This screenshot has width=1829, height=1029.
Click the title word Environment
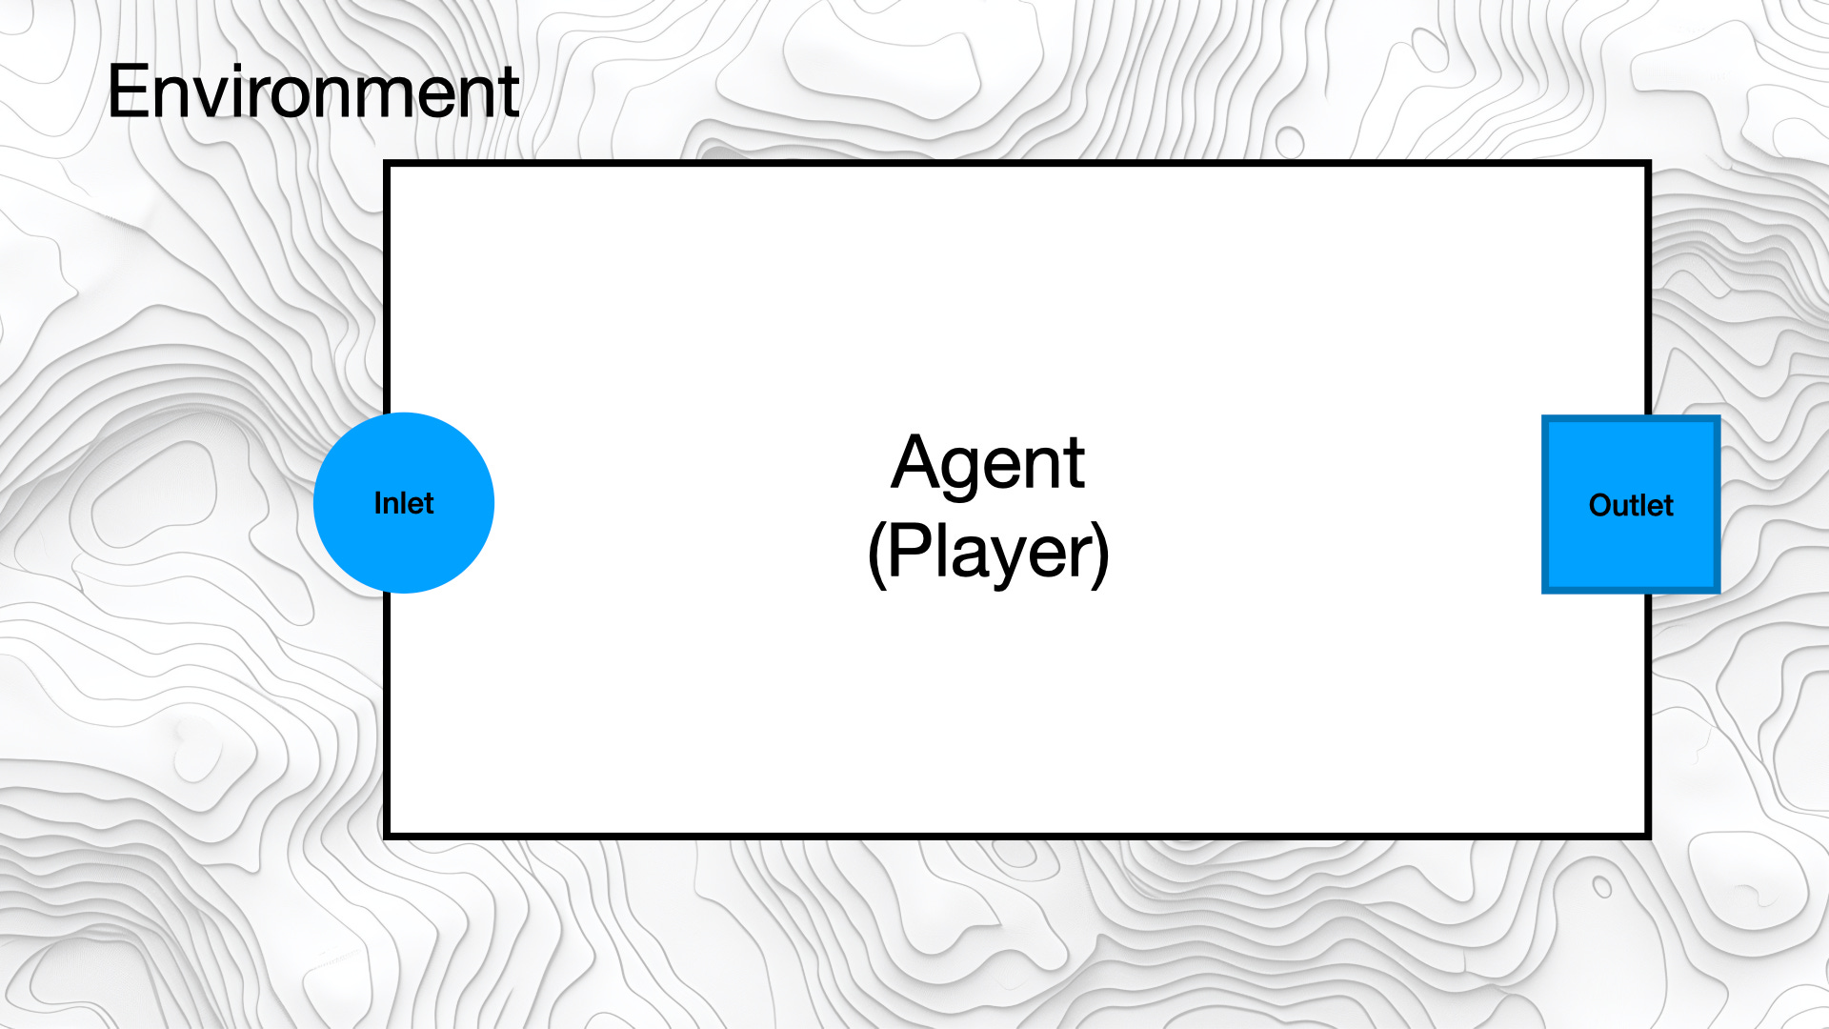[x=312, y=92]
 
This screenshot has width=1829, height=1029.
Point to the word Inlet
[x=404, y=503]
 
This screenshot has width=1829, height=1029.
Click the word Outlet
[x=1631, y=505]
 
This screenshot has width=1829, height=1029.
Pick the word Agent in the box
[x=988, y=464]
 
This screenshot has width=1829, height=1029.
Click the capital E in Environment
[x=130, y=92]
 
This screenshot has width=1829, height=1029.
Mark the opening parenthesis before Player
[x=876, y=554]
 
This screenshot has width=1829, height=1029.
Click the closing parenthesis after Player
[x=1100, y=554]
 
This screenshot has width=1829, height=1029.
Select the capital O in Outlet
[x=1601, y=505]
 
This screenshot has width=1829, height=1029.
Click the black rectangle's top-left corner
[x=387, y=164]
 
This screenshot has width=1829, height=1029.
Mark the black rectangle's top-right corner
[x=1648, y=164]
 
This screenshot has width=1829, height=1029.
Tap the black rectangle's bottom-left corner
[x=387, y=836]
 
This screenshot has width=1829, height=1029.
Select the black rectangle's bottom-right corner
[x=1648, y=836]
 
